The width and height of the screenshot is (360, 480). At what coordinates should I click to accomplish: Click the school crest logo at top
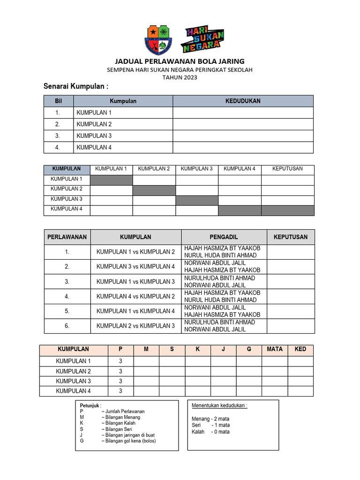coord(158,39)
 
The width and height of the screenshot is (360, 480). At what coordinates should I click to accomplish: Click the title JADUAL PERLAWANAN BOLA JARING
coord(180,61)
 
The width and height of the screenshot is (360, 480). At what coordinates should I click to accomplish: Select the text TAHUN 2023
coord(180,78)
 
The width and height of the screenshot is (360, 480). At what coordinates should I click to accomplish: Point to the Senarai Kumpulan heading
coord(76,87)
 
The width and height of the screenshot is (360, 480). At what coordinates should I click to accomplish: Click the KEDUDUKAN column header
coord(243,101)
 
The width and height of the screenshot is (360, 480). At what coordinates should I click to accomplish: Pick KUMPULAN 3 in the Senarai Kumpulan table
coord(94,136)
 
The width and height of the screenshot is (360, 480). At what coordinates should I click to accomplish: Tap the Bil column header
coord(58,101)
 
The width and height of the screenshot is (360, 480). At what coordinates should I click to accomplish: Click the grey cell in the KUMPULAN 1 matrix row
coord(111,180)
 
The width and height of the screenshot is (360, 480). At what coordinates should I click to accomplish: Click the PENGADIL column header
coord(224,237)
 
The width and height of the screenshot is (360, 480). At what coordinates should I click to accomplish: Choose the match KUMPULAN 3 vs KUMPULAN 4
coord(135,267)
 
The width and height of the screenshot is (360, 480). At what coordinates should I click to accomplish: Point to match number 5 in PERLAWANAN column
coord(67,311)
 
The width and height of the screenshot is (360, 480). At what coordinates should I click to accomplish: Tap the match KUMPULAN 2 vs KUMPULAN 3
coord(135,326)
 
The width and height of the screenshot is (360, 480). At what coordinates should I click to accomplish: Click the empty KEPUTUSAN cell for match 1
coord(291,252)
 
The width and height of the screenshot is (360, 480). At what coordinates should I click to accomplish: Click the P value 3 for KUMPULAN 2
coord(120,371)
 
